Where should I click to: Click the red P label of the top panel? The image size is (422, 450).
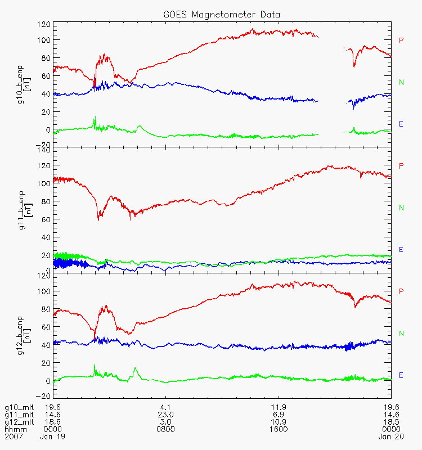(401, 40)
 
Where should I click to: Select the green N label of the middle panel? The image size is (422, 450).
(401, 208)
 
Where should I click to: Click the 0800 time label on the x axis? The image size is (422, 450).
(165, 429)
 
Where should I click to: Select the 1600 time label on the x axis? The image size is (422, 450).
(279, 429)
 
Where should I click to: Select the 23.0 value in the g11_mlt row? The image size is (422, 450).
(165, 414)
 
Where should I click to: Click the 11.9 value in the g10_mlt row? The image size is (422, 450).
(279, 407)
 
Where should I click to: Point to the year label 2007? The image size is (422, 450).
(14, 436)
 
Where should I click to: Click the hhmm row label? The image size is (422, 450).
(15, 429)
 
